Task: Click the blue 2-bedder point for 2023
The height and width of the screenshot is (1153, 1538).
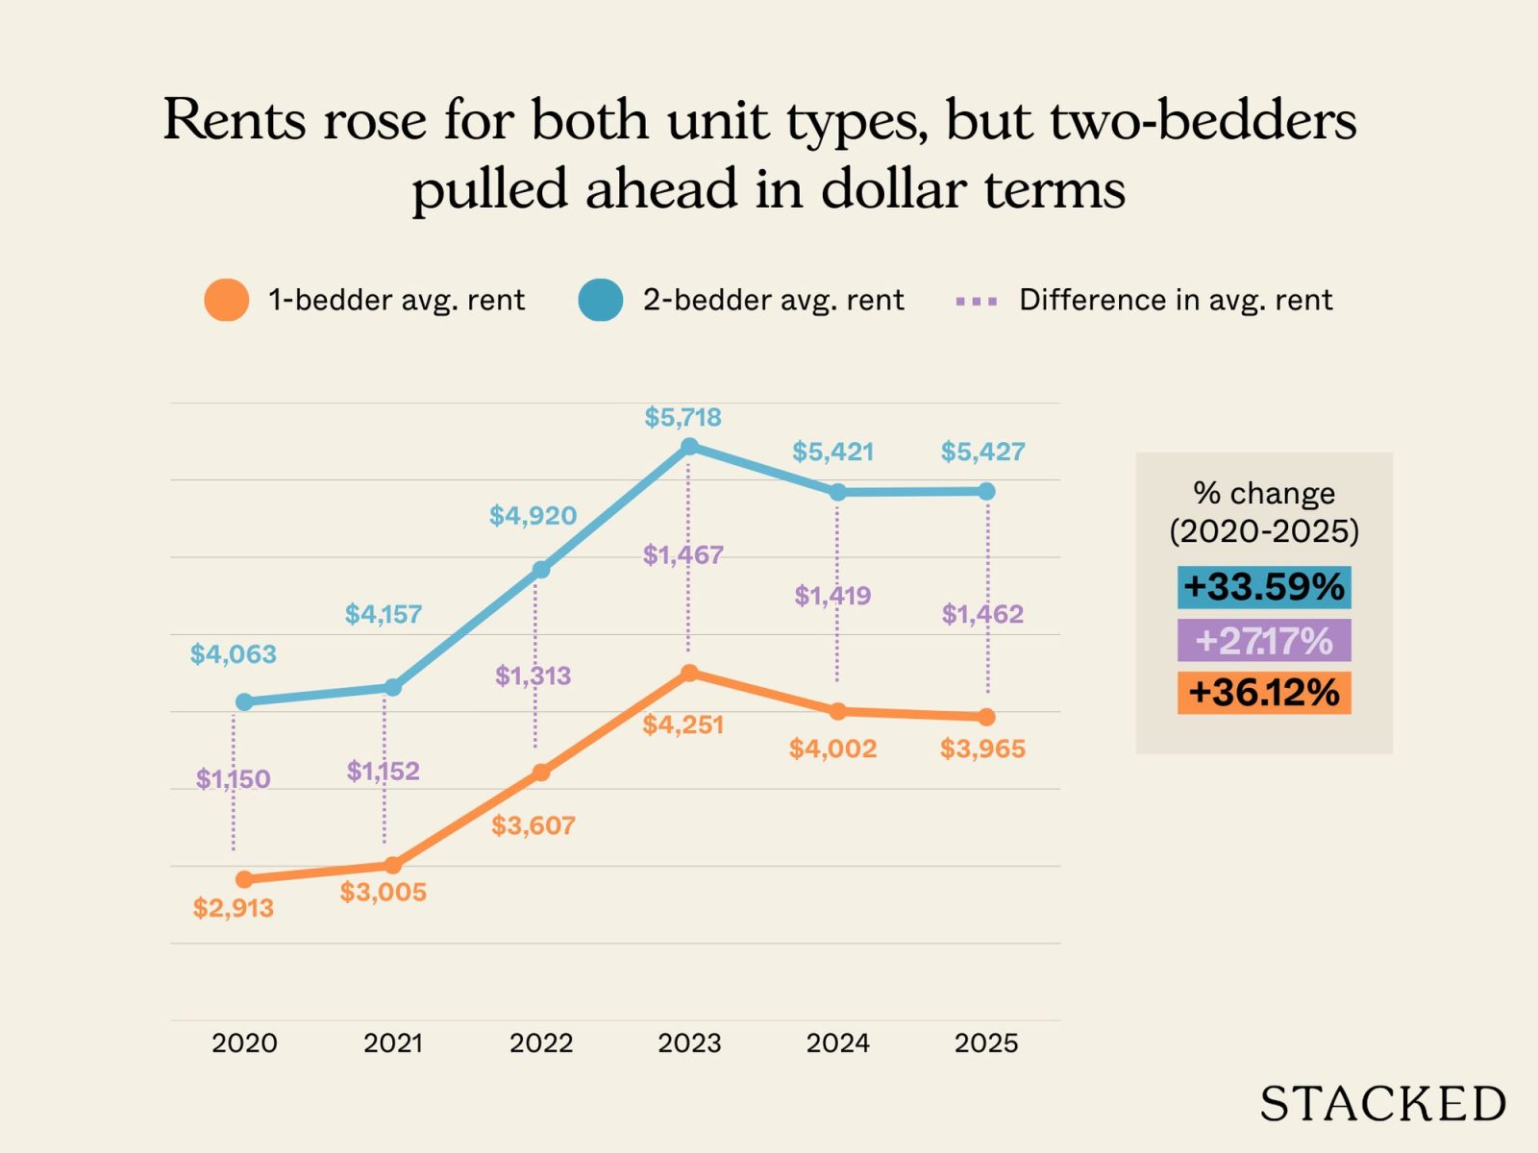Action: click(x=689, y=447)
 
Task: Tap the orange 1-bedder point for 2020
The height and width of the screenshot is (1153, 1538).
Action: click(x=244, y=879)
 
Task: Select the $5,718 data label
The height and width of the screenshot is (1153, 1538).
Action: click(x=682, y=417)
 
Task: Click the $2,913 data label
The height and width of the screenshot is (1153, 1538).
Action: click(x=233, y=908)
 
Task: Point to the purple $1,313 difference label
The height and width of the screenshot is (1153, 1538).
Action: click(x=533, y=675)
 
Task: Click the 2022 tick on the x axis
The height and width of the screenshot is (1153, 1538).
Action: click(x=541, y=1043)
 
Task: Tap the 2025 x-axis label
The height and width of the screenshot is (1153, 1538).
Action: click(x=986, y=1043)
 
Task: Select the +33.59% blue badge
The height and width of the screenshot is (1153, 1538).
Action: click(x=1263, y=587)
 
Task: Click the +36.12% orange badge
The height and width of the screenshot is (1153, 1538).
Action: click(x=1263, y=693)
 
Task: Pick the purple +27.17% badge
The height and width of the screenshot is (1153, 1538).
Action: click(x=1263, y=640)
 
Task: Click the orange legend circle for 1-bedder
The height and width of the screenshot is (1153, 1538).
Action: click(x=227, y=300)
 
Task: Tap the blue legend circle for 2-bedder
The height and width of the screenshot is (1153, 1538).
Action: click(x=601, y=300)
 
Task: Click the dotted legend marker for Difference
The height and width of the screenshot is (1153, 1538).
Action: click(x=976, y=301)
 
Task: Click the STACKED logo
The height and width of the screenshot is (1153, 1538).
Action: click(x=1382, y=1104)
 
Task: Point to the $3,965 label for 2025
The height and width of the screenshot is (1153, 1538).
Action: click(x=982, y=748)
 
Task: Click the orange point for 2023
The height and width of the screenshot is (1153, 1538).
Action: click(x=689, y=674)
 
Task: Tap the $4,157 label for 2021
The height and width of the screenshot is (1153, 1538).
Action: click(x=384, y=614)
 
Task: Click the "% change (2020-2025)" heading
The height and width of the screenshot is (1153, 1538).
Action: click(x=1263, y=511)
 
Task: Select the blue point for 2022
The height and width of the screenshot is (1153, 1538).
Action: click(x=541, y=570)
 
